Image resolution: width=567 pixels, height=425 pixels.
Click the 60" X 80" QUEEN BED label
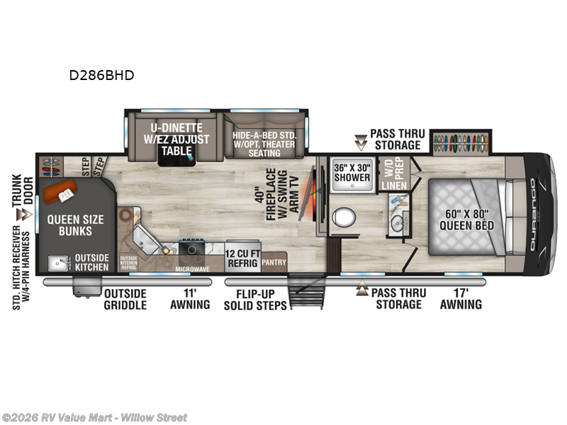pyautogui.click(x=466, y=220)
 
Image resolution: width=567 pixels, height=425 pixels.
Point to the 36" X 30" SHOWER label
pyautogui.click(x=352, y=173)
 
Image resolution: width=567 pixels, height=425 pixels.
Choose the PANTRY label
pyautogui.click(x=274, y=263)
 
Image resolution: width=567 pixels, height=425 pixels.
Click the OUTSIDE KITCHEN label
pyautogui.click(x=91, y=263)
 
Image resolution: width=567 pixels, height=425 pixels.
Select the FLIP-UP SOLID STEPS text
pyautogui.click(x=254, y=299)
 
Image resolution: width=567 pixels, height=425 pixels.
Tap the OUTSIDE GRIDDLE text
pyautogui.click(x=125, y=299)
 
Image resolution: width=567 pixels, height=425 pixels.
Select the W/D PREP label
pyautogui.click(x=393, y=169)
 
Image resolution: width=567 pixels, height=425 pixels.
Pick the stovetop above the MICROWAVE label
pyautogui.click(x=191, y=247)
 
